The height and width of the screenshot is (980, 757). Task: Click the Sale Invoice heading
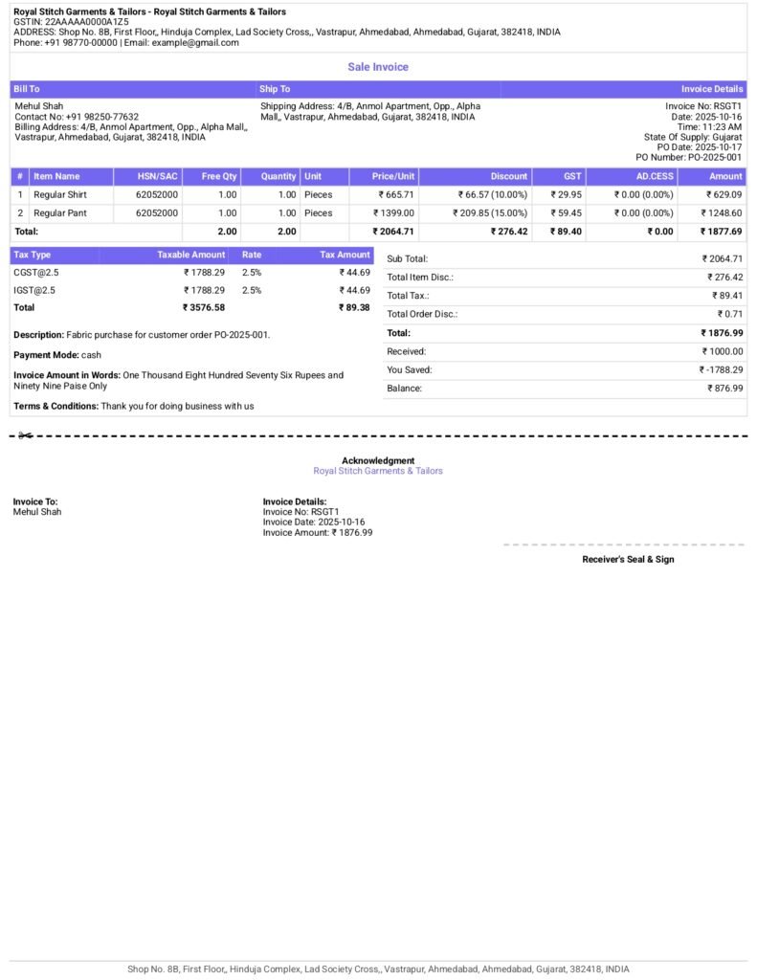[378, 67]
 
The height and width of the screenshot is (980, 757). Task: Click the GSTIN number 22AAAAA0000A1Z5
[86, 21]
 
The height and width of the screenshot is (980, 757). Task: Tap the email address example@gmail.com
[195, 42]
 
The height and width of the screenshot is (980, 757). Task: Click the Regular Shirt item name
[60, 194]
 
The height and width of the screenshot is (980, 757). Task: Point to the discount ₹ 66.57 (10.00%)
[492, 194]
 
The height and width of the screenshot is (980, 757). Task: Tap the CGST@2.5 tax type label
[36, 273]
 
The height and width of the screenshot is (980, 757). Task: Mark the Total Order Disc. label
[422, 314]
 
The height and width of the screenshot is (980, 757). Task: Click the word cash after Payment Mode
[91, 355]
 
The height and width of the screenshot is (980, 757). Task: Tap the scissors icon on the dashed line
[25, 436]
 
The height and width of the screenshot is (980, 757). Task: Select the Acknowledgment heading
[378, 460]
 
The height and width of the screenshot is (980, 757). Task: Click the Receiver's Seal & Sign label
[628, 559]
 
